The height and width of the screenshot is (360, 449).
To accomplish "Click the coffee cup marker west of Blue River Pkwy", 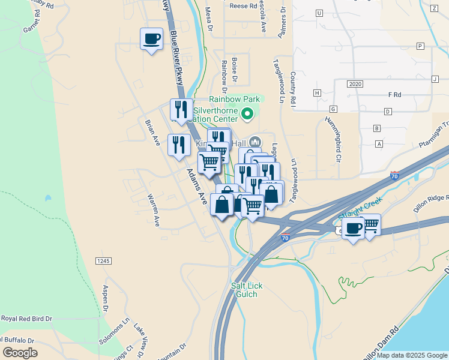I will click(151, 40).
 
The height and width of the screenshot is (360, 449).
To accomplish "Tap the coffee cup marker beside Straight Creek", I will click(354, 228).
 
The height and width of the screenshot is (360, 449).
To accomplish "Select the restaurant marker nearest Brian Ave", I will click(179, 145).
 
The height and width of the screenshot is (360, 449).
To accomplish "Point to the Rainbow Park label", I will click(234, 99).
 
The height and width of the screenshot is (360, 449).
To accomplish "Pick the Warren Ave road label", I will click(154, 209).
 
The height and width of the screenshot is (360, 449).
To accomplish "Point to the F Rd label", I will click(394, 95).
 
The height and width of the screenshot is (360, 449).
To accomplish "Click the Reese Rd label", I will click(243, 5).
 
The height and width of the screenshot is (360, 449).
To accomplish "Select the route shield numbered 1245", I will click(103, 261).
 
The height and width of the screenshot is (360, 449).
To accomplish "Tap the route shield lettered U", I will click(319, 13).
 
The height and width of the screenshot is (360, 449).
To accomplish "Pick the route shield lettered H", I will click(317, 93).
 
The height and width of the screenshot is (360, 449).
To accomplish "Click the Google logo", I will click(20, 352).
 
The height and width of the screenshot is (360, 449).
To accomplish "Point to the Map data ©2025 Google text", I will click(412, 355).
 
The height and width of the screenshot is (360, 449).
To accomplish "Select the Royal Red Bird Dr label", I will click(26, 319).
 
